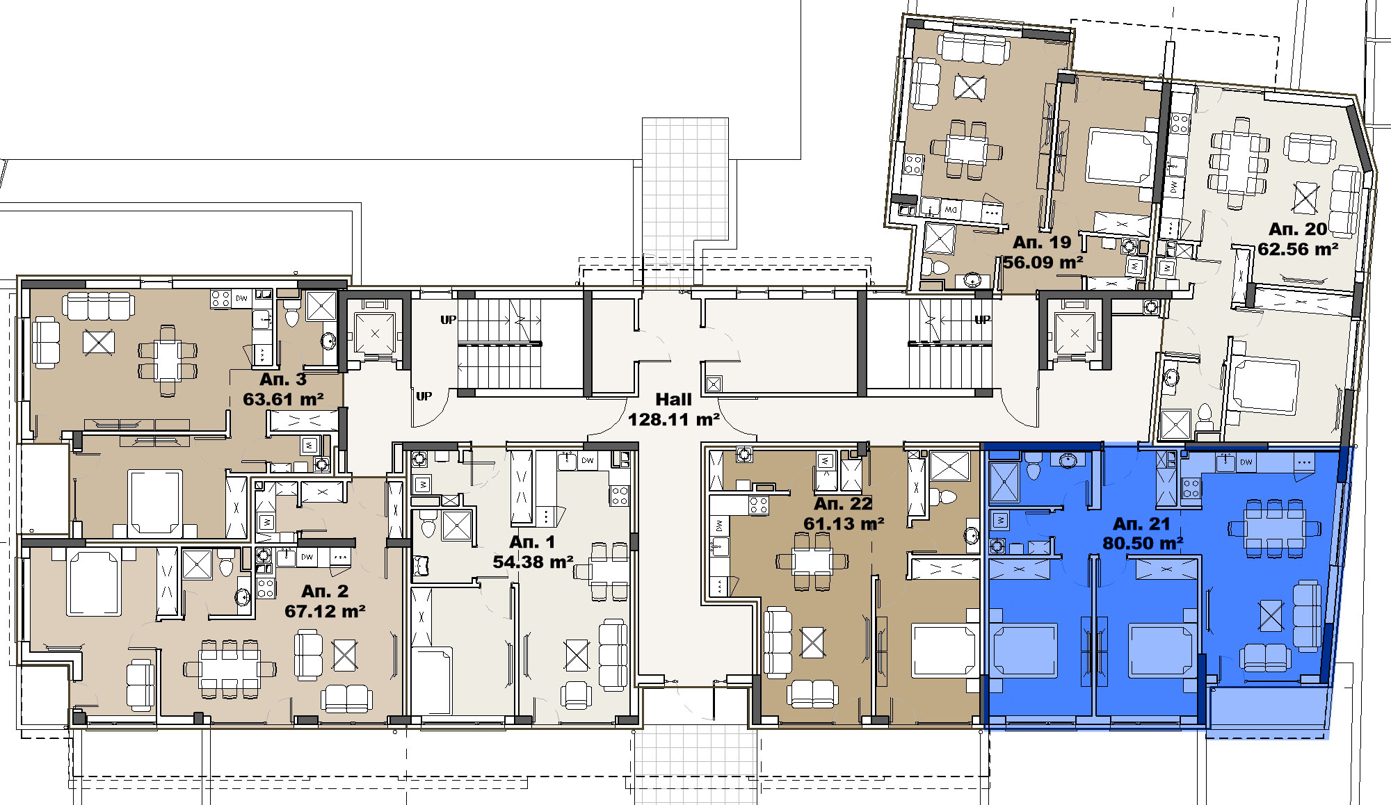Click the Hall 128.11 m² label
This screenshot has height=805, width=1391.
673,409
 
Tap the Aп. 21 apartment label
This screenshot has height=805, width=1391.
1141,523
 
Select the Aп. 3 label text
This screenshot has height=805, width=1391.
282,379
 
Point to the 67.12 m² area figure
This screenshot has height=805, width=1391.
325,611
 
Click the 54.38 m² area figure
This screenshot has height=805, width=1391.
533,562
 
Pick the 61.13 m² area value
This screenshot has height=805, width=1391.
844,523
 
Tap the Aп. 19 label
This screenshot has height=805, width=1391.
1041,242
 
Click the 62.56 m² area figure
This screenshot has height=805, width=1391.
1298,249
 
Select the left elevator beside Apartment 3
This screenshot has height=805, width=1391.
375,333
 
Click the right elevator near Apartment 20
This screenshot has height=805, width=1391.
1075,334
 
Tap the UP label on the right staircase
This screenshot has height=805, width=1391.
982,320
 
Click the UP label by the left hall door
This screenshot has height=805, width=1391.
424,396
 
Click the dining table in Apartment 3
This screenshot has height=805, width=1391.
168,360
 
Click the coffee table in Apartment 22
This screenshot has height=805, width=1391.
812,642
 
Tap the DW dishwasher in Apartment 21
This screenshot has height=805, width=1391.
1246,462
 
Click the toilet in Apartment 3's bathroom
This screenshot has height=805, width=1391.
291,316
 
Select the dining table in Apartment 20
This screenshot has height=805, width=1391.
1240,163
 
